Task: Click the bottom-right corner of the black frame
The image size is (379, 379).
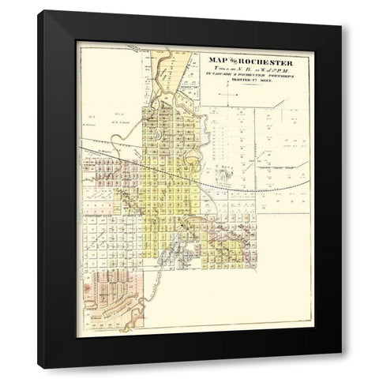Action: coord(341,367)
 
